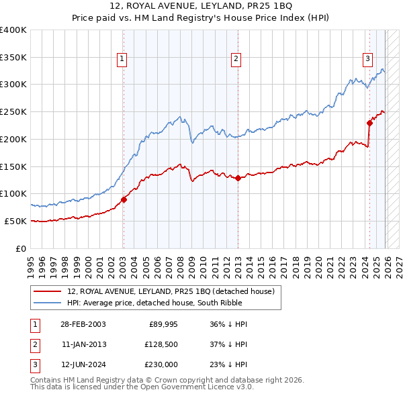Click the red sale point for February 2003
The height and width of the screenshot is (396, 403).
[x=124, y=199]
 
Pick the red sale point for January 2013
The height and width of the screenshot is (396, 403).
[x=238, y=178]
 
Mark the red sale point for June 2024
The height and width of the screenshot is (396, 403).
[x=369, y=123]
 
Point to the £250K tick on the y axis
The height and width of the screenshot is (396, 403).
[x=13, y=112]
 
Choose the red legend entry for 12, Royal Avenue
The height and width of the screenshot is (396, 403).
[x=171, y=291]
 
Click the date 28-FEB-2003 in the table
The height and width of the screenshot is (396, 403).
[x=83, y=324]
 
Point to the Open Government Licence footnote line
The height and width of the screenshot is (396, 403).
[x=142, y=387]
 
